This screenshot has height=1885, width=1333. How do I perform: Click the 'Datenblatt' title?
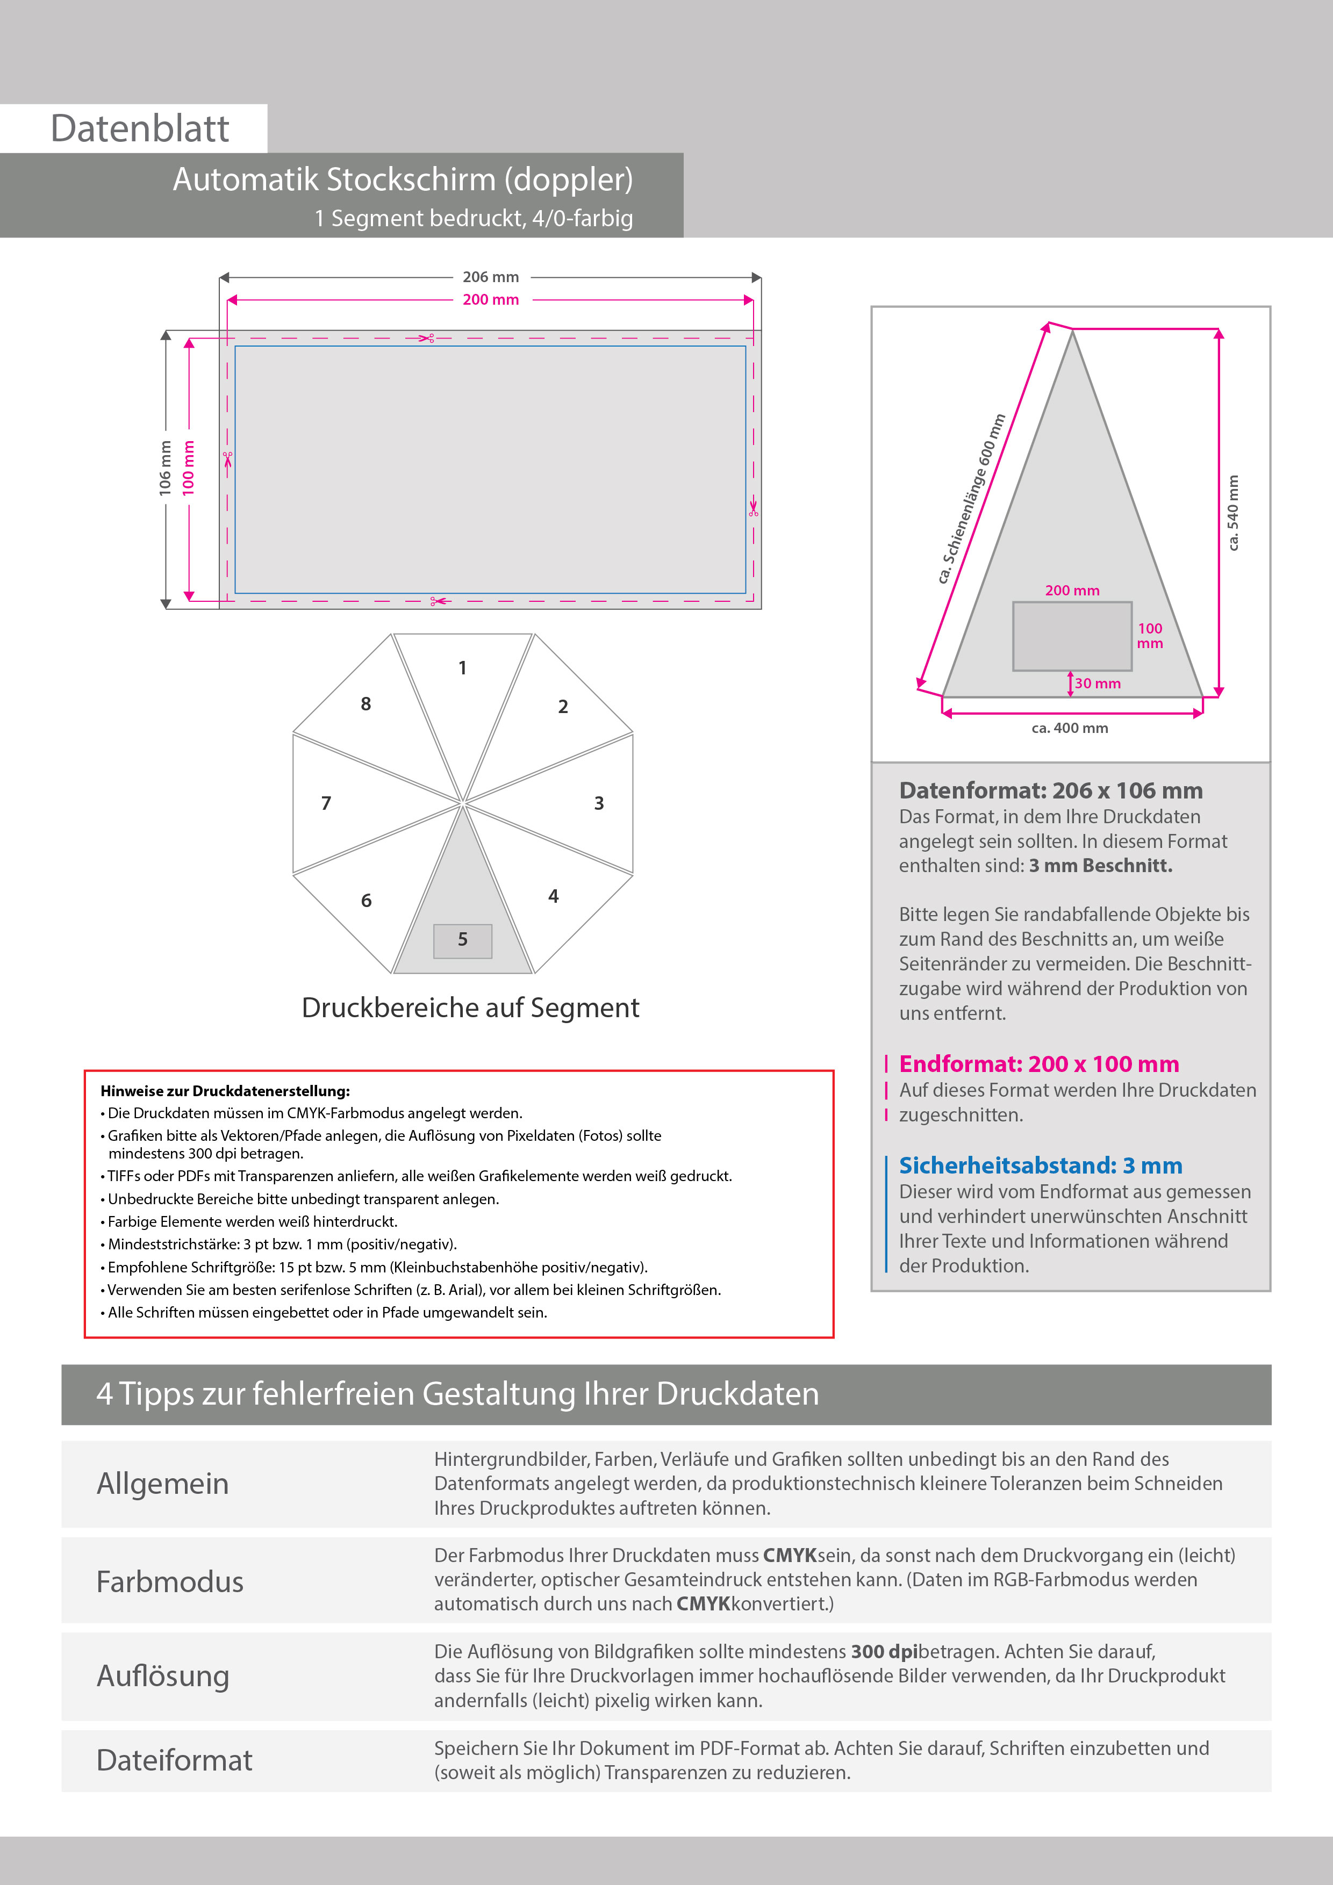[x=140, y=129]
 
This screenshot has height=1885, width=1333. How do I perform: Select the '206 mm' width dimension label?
[x=490, y=277]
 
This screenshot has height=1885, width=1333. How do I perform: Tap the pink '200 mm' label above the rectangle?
[x=490, y=300]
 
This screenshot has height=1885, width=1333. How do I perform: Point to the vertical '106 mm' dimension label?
[x=165, y=468]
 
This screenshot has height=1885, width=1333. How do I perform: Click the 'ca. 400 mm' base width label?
[x=1070, y=728]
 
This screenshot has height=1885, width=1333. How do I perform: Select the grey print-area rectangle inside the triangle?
[x=1071, y=636]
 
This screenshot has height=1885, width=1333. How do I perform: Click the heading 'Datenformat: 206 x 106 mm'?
[x=1050, y=790]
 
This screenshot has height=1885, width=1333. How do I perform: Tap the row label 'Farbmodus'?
[x=170, y=1582]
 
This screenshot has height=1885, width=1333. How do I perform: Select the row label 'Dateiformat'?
[x=174, y=1760]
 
